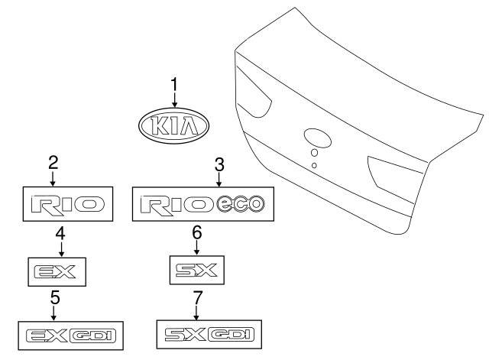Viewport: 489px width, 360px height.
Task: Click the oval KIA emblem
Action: (x=174, y=125)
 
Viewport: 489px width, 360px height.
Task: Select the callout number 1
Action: (x=174, y=83)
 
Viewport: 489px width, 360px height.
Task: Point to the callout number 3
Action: (x=219, y=163)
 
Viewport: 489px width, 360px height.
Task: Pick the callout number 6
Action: (x=196, y=231)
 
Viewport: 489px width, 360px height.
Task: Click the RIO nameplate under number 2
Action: (x=66, y=204)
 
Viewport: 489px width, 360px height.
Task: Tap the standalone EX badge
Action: (x=58, y=270)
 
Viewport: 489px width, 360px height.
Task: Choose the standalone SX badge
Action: (x=197, y=270)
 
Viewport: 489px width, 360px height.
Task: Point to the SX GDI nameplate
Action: (x=209, y=334)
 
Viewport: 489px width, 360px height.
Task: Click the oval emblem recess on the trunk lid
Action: (x=316, y=138)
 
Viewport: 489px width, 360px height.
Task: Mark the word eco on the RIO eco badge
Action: (x=241, y=204)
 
